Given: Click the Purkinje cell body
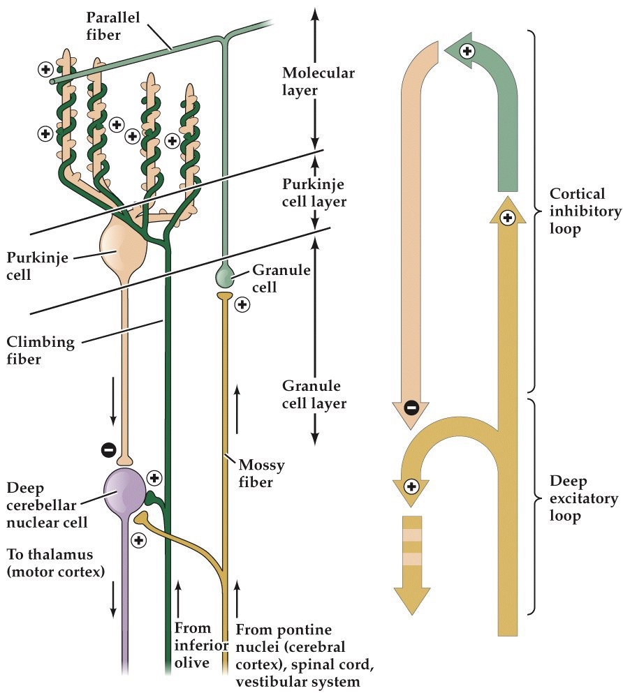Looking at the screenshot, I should click(x=123, y=248).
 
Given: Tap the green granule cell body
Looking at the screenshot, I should click(x=225, y=275).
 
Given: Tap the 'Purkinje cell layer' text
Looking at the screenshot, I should click(x=314, y=193).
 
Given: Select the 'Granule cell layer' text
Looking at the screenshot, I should click(x=314, y=394).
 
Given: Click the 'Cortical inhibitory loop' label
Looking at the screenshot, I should click(x=585, y=211).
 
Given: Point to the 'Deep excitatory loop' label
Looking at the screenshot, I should click(x=583, y=499).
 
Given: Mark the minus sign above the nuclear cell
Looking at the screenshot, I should click(x=109, y=450).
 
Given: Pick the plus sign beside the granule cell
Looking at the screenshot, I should click(x=242, y=304).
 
